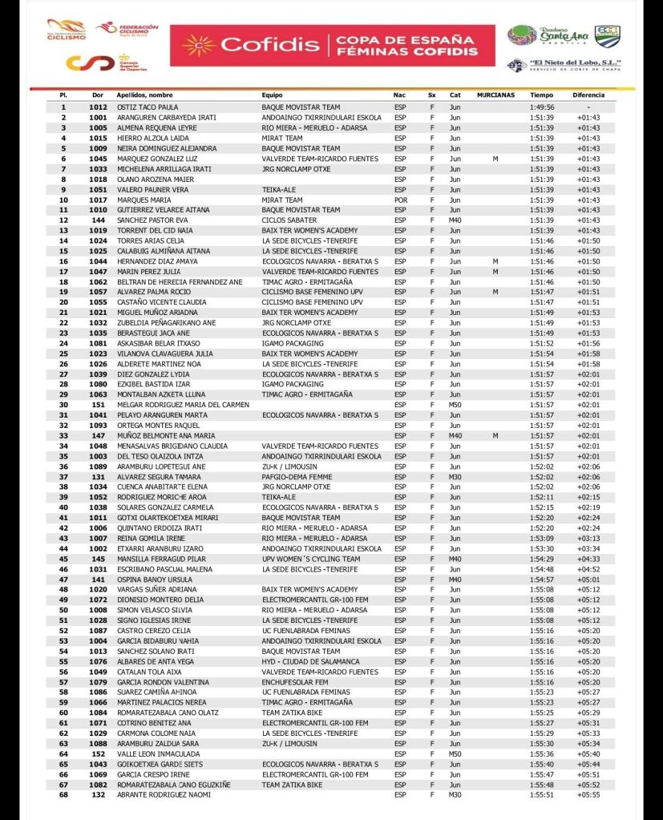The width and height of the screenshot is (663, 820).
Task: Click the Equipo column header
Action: [273, 95]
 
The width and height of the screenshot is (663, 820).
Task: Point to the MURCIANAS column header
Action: [495, 95]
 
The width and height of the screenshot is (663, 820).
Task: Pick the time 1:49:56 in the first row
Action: [542, 107]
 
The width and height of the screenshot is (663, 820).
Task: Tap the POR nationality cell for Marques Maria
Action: [400, 200]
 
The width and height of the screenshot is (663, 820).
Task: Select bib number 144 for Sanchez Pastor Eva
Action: [98, 220]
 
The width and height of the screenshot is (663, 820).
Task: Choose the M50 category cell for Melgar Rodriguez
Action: [455, 404]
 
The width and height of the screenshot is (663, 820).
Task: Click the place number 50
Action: [63, 609]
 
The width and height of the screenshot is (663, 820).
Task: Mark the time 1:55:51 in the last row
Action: [542, 794]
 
